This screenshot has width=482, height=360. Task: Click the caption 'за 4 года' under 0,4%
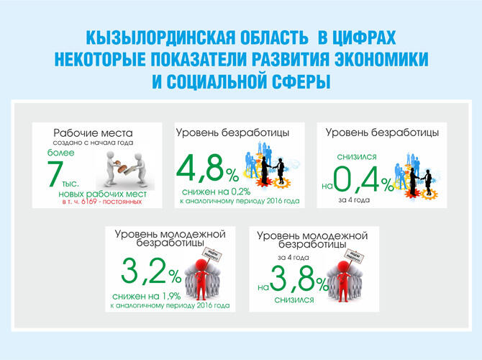pos(352,199)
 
